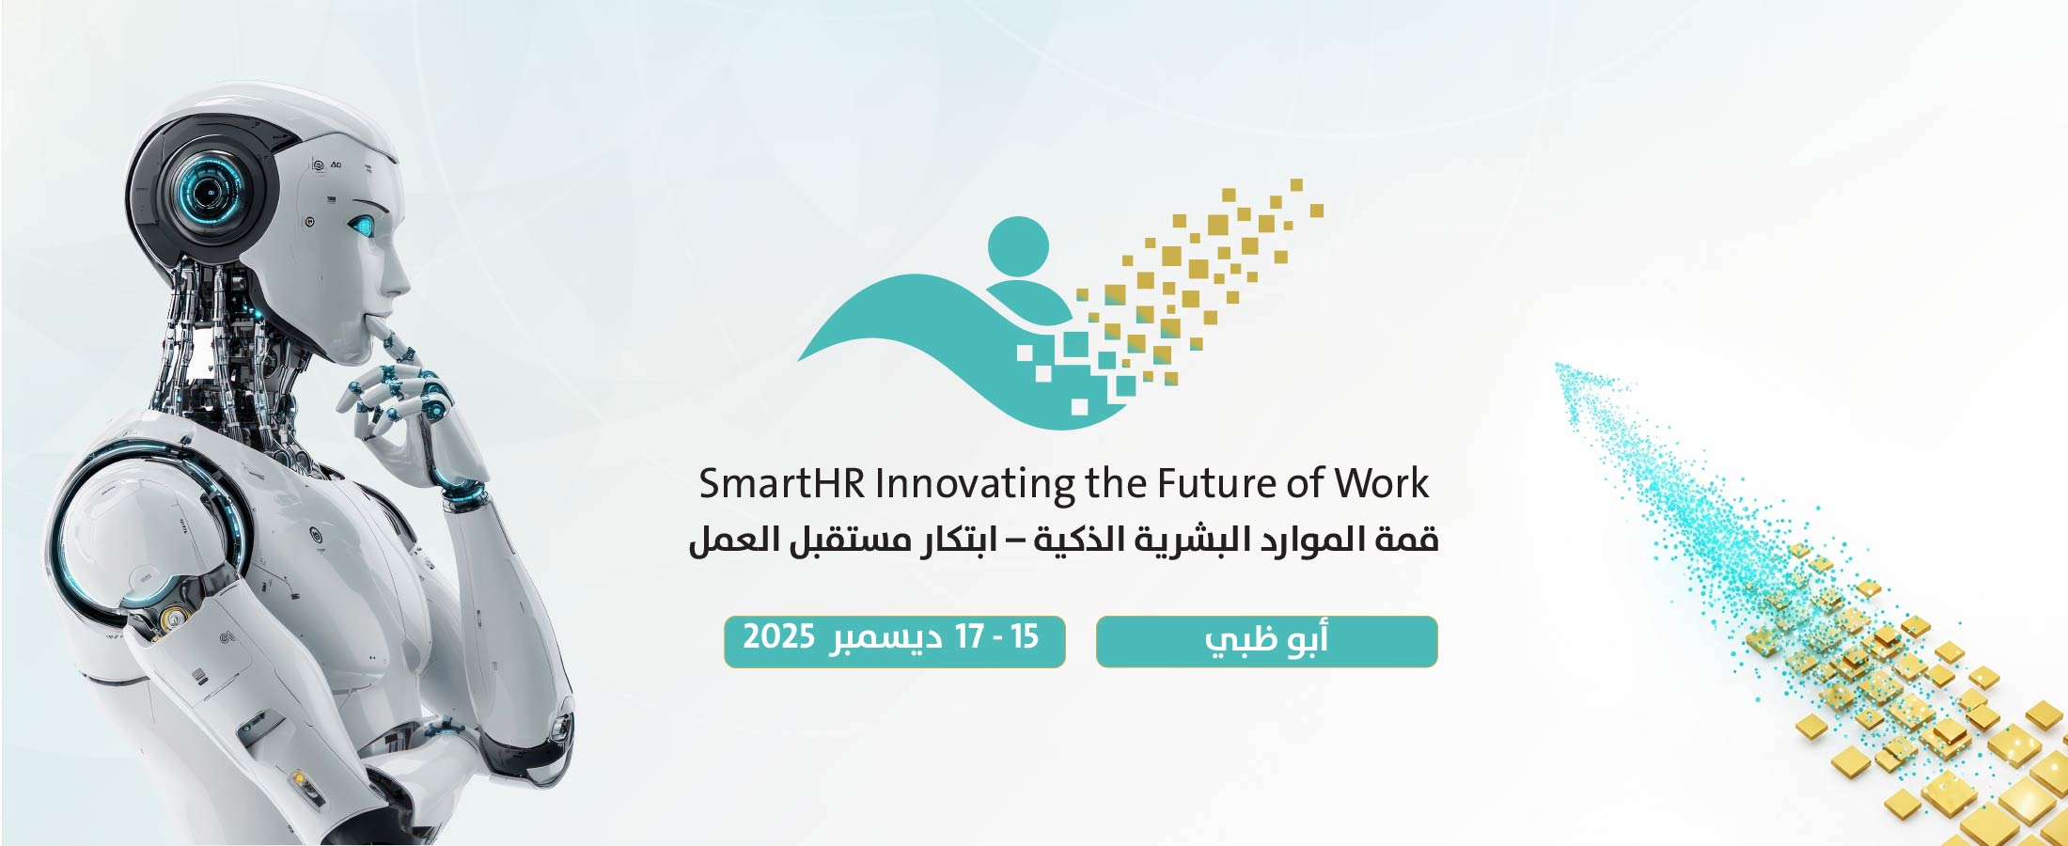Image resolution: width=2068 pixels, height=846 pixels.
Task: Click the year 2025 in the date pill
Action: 778,637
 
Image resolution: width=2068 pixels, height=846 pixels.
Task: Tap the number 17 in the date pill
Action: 969,637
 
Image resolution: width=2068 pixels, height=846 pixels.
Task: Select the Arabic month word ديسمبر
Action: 885,639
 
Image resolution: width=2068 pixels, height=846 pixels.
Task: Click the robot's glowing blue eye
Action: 362,226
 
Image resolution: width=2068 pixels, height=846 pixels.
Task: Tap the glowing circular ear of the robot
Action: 209,191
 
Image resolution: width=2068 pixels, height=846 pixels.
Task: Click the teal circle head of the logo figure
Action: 1018,247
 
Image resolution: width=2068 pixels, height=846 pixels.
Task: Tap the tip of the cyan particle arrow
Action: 1558,366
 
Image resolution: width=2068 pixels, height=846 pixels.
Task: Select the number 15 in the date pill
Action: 1025,637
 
